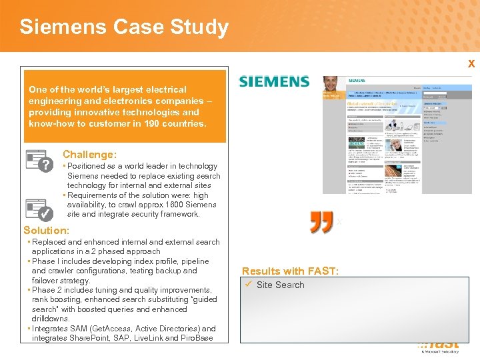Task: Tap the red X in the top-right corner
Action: click(x=471, y=64)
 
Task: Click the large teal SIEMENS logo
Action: click(x=274, y=82)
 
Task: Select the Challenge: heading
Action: click(x=89, y=155)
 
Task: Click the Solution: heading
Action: click(x=46, y=230)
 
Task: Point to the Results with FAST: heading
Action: click(x=291, y=271)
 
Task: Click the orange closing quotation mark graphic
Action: click(x=321, y=223)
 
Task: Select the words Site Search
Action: click(x=280, y=285)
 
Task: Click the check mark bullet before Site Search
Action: click(x=247, y=285)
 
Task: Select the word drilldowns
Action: click(x=51, y=319)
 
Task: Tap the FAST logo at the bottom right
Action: click(x=440, y=345)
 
